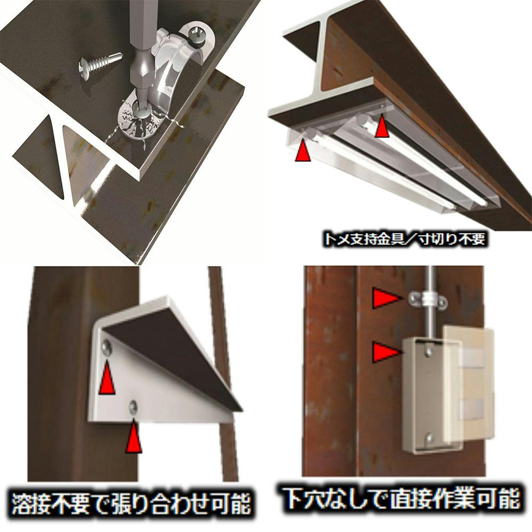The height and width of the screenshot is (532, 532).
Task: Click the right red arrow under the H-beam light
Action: [x=383, y=126]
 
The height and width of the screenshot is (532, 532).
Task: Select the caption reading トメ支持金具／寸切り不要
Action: [x=405, y=238]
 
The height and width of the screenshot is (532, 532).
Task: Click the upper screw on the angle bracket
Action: [x=107, y=347]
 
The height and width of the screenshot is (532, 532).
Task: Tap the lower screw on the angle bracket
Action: [x=133, y=406]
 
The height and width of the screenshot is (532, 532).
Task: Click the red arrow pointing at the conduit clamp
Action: [x=386, y=298]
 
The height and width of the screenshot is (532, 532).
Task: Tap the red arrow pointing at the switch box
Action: [x=386, y=352]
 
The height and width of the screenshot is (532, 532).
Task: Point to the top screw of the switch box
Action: [x=429, y=350]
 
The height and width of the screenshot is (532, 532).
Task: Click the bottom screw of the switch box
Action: [x=429, y=438]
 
